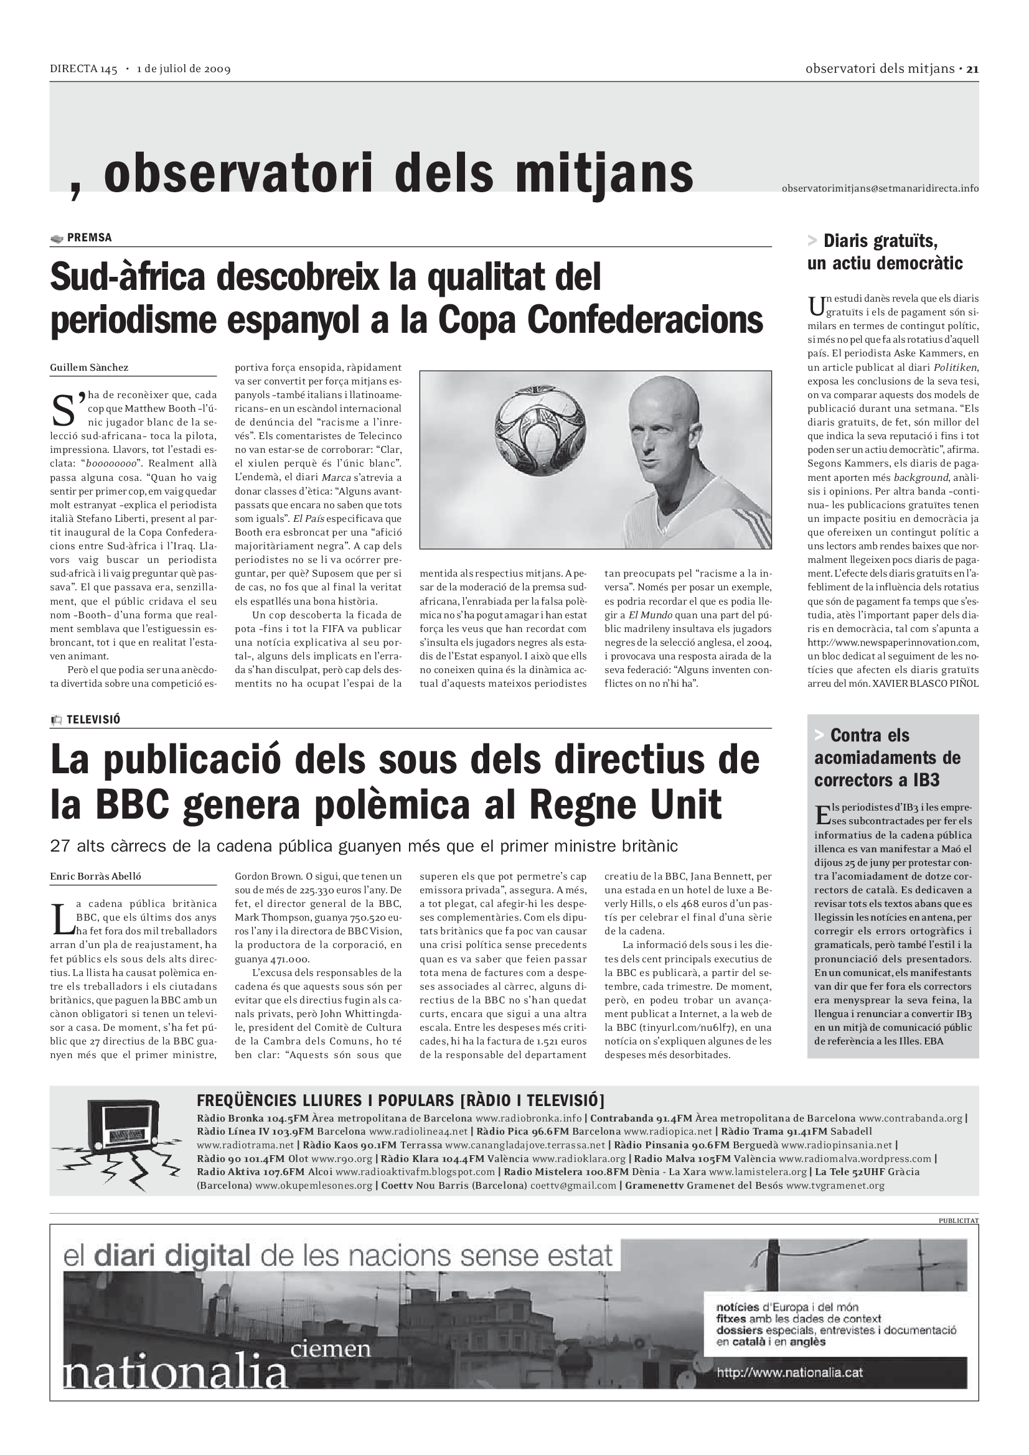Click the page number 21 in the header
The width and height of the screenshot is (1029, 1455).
972,68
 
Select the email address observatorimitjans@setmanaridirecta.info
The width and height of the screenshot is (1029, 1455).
880,188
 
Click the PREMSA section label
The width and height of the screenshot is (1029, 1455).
89,238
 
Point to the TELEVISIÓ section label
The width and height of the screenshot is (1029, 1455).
93,719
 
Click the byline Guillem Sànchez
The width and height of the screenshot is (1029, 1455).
90,368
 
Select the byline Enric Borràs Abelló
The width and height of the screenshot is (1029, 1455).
96,876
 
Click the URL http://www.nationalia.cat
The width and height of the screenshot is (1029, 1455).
789,1373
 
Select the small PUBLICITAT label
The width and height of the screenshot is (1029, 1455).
958,1220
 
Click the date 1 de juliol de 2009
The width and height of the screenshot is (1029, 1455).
183,69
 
